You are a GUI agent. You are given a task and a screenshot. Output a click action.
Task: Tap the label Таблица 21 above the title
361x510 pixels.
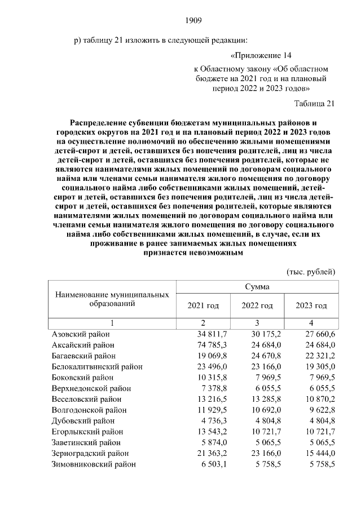[x=315, y=103]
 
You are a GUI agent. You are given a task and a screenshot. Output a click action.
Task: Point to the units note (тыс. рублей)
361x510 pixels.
[x=311, y=271]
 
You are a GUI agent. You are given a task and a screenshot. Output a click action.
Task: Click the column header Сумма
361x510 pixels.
[x=257, y=286]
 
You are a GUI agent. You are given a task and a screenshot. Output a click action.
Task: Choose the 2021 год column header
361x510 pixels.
[x=202, y=305]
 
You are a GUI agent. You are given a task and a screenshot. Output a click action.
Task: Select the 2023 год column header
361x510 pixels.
[x=311, y=305]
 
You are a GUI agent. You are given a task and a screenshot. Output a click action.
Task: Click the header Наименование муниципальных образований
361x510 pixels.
[x=112, y=299]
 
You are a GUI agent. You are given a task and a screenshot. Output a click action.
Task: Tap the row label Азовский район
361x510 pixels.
[x=80, y=334]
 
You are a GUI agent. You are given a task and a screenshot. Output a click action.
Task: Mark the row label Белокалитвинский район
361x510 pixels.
[x=96, y=366]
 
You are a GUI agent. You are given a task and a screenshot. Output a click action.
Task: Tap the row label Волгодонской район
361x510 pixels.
[x=89, y=410]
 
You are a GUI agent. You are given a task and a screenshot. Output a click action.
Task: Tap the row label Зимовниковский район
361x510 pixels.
[x=93, y=464]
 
